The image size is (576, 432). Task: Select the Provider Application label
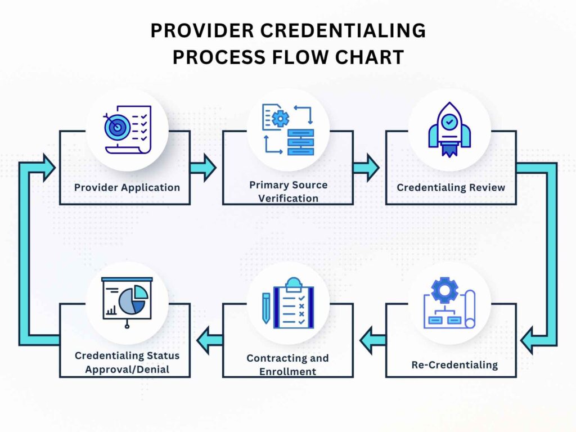pyautogui.click(x=127, y=187)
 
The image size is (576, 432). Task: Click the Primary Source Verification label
pyautogui.click(x=288, y=191)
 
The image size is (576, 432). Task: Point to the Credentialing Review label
pyautogui.click(x=451, y=187)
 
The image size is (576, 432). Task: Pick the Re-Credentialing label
pyautogui.click(x=454, y=364)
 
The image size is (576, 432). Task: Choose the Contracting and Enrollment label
pyautogui.click(x=287, y=364)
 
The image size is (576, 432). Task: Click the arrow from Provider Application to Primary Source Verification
pyautogui.click(x=203, y=168)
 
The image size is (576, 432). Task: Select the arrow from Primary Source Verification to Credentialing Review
pyautogui.click(x=366, y=168)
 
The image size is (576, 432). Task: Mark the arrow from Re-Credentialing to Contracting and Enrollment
pyautogui.click(x=373, y=340)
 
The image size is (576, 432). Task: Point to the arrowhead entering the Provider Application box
pyautogui.click(x=47, y=168)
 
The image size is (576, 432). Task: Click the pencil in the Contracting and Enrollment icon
pyautogui.click(x=266, y=310)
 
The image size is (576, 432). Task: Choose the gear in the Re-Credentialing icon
pyautogui.click(x=444, y=290)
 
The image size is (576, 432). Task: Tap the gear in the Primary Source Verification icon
pyautogui.click(x=280, y=119)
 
